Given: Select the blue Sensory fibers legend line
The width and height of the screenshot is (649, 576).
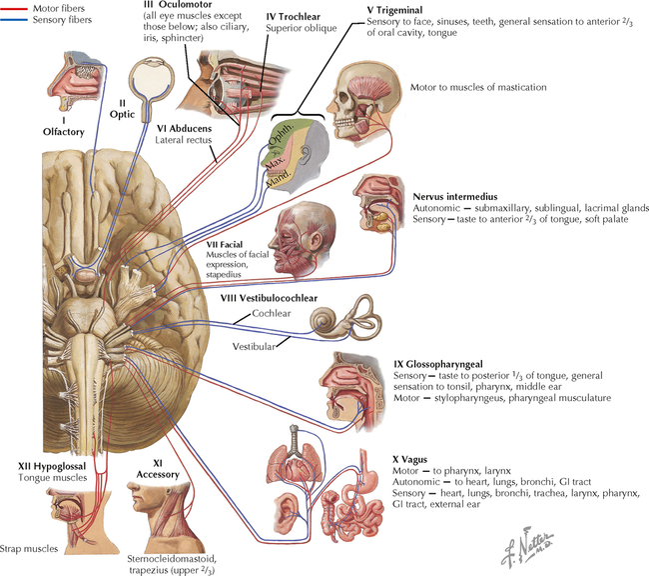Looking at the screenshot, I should point(14,18).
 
